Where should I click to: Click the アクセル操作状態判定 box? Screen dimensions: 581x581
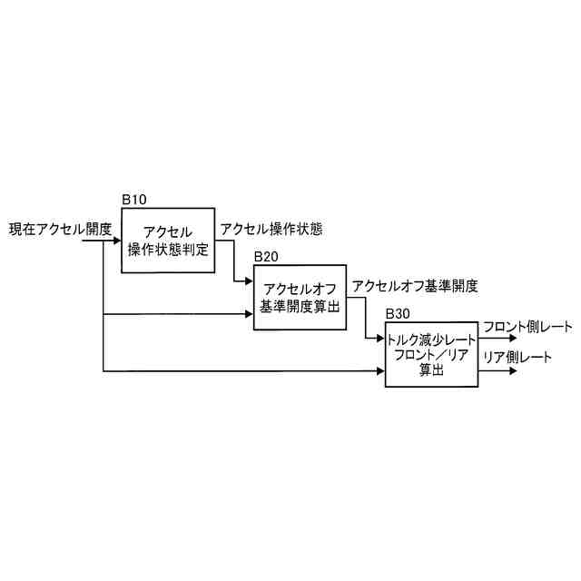(168, 241)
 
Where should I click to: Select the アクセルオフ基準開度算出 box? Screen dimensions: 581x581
(299, 298)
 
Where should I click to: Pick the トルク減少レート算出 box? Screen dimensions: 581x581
(431, 354)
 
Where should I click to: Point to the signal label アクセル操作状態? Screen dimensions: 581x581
(271, 230)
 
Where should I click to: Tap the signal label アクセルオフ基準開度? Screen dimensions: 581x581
(415, 286)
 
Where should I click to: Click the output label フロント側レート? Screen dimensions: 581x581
(527, 327)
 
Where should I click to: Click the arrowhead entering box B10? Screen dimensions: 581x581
(118, 241)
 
